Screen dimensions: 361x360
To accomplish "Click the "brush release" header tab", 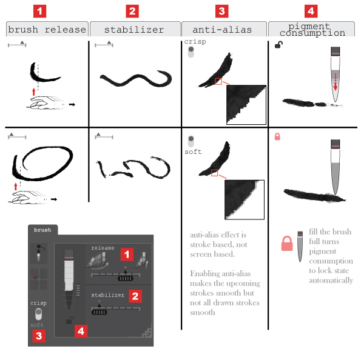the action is pos(47,29).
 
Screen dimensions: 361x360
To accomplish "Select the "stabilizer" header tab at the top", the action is pos(135,29).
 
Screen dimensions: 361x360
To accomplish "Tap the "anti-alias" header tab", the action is pos(224,29).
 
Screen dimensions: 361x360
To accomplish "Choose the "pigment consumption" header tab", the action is pos(311,29).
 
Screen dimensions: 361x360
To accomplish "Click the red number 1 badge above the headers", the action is pos(40,12).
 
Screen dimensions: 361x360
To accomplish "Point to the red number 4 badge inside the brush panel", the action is pos(81,332).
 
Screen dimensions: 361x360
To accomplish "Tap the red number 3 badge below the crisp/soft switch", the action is pos(39,336).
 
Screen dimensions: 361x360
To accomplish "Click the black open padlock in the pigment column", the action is pos(278,45).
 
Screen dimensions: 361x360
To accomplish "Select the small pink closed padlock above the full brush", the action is pos(277,136).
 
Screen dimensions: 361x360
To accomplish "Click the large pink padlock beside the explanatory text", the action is pos(287,244).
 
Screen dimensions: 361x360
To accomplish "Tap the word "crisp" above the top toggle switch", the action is pos(195,42).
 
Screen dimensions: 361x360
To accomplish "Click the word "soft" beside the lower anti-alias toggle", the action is pos(193,152).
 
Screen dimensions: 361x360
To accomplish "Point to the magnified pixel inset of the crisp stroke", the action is pos(246,105).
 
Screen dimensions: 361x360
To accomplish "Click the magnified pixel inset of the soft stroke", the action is pos(245,199).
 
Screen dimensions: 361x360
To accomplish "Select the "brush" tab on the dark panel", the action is pos(42,230).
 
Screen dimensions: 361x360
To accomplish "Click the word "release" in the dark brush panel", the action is pos(103,248).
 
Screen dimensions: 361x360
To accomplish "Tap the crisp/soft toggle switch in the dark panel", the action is pos(38,314).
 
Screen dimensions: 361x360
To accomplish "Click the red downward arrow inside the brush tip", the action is pos(336,82).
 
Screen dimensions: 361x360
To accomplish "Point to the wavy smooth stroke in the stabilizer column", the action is pos(136,79).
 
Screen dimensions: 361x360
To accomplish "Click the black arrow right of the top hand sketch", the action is pos(72,105).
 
